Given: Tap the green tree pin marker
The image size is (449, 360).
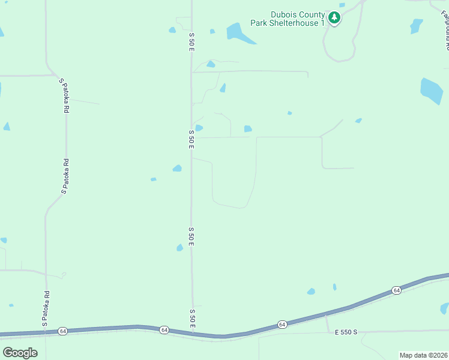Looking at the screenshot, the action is (335, 18).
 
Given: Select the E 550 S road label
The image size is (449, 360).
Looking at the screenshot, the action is (346, 332).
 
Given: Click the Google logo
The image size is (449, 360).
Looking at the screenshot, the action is (20, 352).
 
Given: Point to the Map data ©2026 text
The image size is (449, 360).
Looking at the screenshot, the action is (423, 355).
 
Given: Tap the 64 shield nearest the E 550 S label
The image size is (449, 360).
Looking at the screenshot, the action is (282, 325).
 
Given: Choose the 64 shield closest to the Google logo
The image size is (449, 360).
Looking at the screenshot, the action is (62, 331).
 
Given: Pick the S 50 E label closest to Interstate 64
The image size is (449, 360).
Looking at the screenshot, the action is (193, 319).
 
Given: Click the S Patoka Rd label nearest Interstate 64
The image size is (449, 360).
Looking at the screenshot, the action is (46, 309).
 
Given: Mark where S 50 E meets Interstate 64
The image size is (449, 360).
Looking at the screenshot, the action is (194, 332).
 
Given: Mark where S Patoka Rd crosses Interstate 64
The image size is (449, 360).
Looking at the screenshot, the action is (44, 332).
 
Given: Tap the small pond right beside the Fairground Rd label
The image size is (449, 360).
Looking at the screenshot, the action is (415, 26).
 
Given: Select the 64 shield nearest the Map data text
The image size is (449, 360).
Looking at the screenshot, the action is (396, 290).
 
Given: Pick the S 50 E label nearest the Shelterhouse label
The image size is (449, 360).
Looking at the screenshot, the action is (191, 41).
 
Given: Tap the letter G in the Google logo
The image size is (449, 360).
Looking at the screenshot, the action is (8, 352).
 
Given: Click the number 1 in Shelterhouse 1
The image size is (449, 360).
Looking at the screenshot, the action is (322, 23).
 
